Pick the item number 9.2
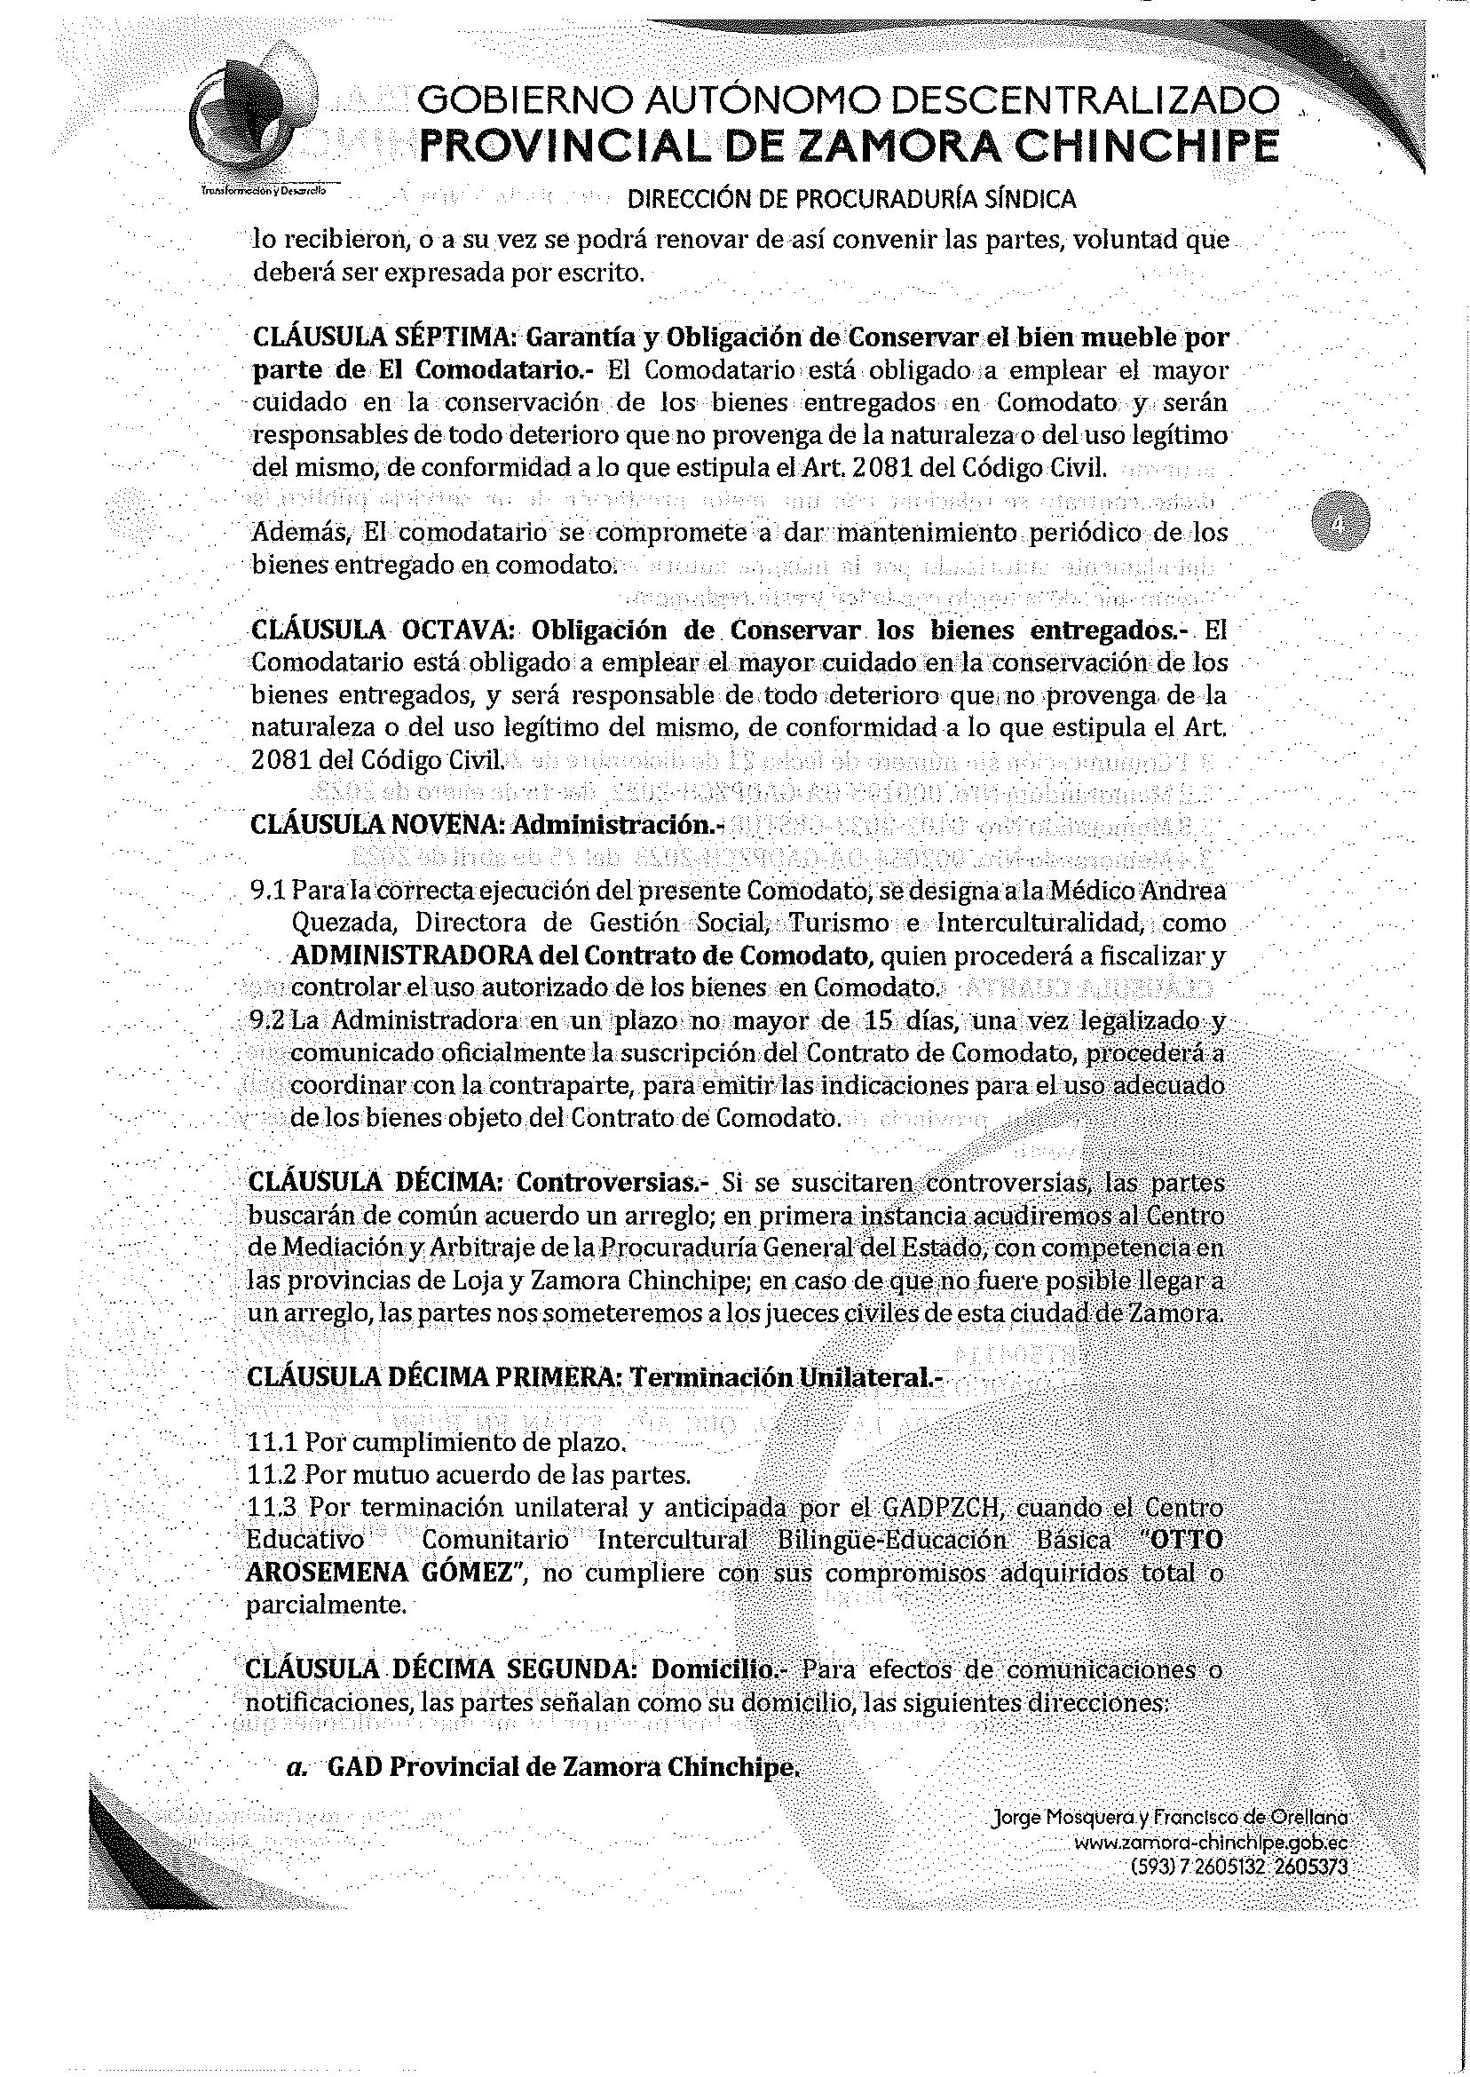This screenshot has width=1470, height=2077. [268, 1022]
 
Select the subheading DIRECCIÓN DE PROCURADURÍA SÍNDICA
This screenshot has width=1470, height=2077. [851, 199]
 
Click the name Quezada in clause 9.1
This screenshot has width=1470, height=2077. [330, 924]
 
